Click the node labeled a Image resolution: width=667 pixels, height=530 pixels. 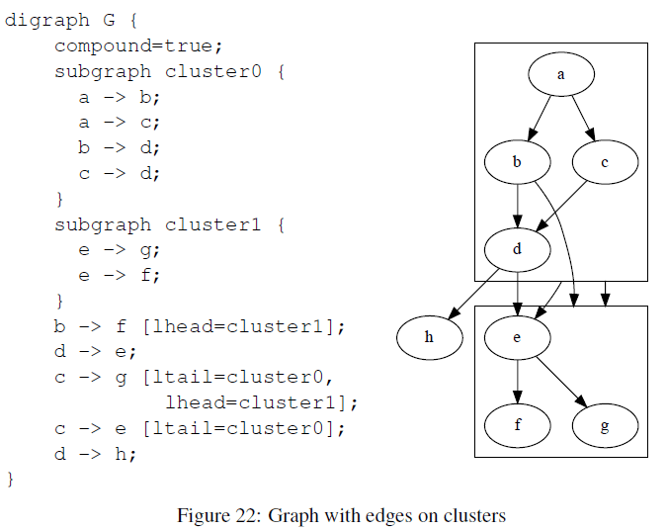point(561,74)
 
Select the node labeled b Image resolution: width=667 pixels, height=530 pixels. point(517,162)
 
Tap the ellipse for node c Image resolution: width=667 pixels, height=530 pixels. point(605,162)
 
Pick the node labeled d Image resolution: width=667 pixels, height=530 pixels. point(517,249)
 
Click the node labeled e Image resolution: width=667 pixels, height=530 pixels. point(517,337)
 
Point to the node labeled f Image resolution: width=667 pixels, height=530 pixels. point(517,425)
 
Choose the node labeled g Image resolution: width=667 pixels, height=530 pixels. point(605,425)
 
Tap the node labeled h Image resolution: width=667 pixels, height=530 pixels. point(430,337)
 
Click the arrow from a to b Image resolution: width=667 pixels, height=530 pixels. point(539,118)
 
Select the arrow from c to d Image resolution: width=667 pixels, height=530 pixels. point(561,206)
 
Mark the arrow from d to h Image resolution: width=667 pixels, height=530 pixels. point(473,294)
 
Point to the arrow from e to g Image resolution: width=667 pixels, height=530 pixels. point(561,382)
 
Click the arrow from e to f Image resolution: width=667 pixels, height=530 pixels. point(517,382)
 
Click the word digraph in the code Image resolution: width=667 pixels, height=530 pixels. point(47,21)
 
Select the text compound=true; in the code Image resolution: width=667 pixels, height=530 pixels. point(138,45)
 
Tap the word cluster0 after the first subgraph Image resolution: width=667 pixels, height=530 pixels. point(213,71)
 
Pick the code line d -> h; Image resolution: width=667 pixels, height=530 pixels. point(95,454)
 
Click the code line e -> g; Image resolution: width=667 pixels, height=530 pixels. point(120,250)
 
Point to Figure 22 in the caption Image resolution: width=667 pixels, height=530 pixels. point(219,515)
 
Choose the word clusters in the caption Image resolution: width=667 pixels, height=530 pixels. point(474,515)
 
